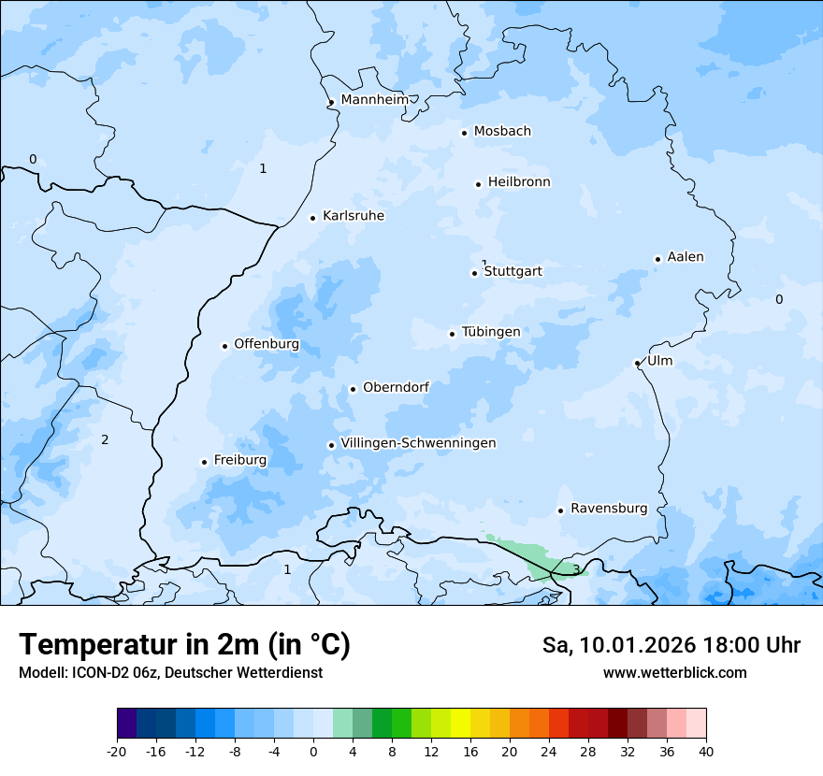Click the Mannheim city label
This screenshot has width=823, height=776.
coord(374,100)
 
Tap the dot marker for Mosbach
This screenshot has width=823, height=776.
coord(464,133)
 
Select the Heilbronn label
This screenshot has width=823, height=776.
coord(519,182)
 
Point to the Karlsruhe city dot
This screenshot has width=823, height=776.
coord(313,218)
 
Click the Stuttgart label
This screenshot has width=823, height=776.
coord(513,272)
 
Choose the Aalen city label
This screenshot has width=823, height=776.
coord(686,257)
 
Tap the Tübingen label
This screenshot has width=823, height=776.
coord(491,332)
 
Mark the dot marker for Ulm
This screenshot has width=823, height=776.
coord(637,363)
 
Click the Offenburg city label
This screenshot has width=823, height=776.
coord(267,344)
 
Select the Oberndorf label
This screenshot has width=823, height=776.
coord(396,387)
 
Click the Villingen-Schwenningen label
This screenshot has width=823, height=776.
coord(418,443)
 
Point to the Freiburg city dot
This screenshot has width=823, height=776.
coord(204,462)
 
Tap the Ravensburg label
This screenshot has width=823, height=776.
coord(609,509)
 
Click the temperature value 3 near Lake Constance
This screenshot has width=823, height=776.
coord(576,569)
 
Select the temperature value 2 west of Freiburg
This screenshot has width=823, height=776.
coord(105,440)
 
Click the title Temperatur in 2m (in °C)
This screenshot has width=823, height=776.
coord(184,645)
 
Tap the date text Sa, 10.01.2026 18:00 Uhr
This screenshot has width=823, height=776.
coord(671,645)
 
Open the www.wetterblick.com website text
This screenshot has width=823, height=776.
coord(674,672)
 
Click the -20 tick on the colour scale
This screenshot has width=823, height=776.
coord(117,751)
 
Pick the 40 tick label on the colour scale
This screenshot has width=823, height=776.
coord(706,751)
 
